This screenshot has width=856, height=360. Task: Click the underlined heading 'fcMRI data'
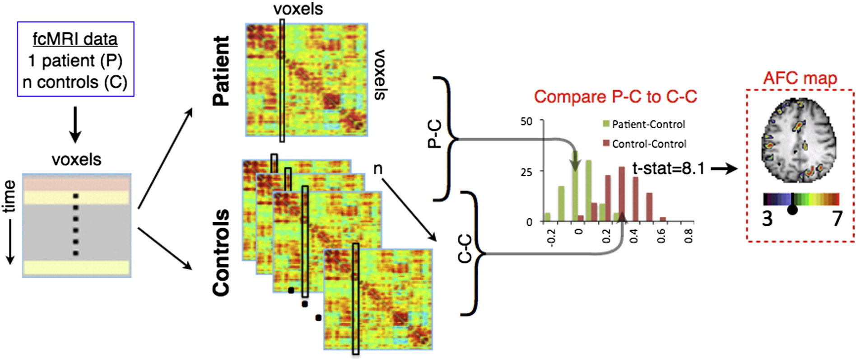coord(75,39)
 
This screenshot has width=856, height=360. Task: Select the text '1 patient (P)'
coord(75,61)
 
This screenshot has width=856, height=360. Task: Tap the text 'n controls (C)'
coord(75,82)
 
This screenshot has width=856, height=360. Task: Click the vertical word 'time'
coord(9,197)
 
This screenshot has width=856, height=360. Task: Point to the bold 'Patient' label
coord(221,71)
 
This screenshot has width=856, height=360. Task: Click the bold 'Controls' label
coord(221,252)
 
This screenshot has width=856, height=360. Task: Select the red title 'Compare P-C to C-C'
coord(615,97)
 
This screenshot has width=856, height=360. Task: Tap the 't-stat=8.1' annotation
coord(668,168)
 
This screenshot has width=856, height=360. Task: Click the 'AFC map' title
coord(800,78)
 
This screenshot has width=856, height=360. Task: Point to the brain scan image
coord(800,140)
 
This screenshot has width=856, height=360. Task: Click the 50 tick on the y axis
coord(526,121)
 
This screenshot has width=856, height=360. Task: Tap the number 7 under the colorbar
coord(837,219)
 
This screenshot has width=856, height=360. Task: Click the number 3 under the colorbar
coord(768,219)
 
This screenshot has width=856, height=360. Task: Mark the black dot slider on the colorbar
coord(792,210)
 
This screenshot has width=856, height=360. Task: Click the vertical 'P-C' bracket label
coord(434,135)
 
